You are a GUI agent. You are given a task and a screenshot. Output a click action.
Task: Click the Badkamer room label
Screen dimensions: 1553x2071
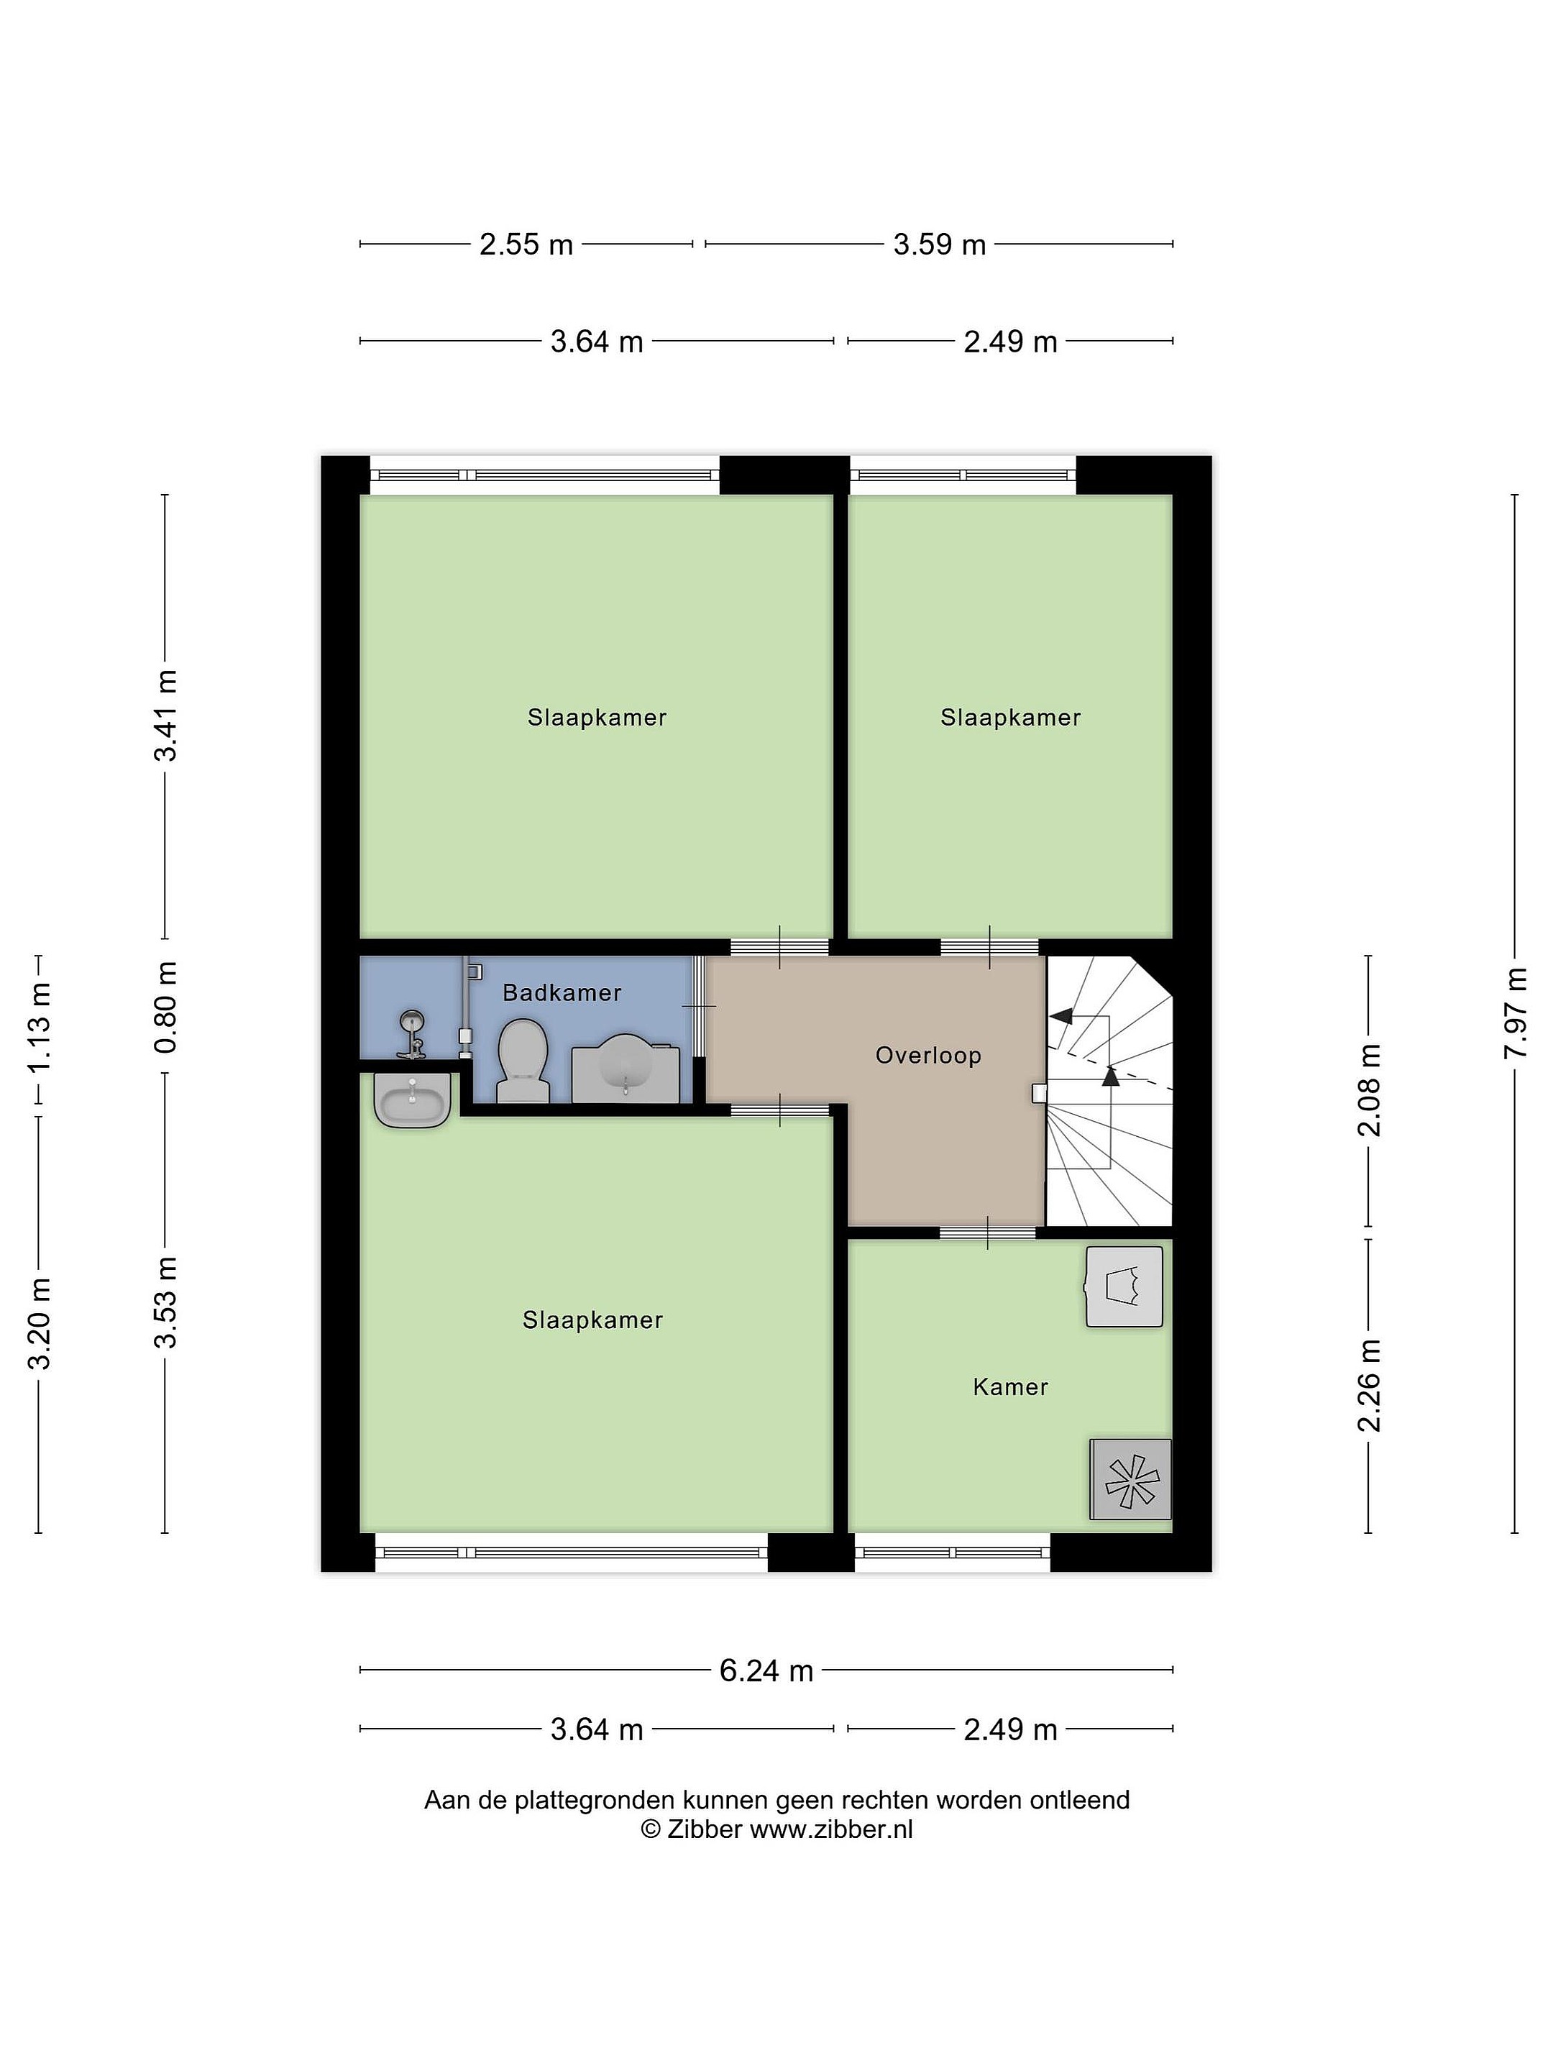coord(562,992)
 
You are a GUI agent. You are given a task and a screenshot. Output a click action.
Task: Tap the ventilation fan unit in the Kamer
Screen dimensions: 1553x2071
coord(1131,1478)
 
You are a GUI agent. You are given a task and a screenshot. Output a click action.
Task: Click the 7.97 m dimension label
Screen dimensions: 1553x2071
coord(1515,1013)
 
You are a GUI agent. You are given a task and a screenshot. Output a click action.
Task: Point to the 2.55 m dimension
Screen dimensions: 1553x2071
coord(526,244)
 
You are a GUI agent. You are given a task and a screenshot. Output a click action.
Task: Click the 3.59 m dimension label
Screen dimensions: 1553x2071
coord(940,244)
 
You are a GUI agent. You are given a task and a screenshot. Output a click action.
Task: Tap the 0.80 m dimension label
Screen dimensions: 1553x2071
coord(165,1007)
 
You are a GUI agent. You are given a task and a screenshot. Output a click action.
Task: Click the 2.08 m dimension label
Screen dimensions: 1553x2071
coord(1369,1090)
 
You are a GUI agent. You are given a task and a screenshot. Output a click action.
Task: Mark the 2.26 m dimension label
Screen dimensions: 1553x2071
coord(1369,1386)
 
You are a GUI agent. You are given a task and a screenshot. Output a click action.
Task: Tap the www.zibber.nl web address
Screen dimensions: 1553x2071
coord(831,1829)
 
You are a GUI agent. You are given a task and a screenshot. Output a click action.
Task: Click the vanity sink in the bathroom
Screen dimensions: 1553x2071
coord(626,1067)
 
